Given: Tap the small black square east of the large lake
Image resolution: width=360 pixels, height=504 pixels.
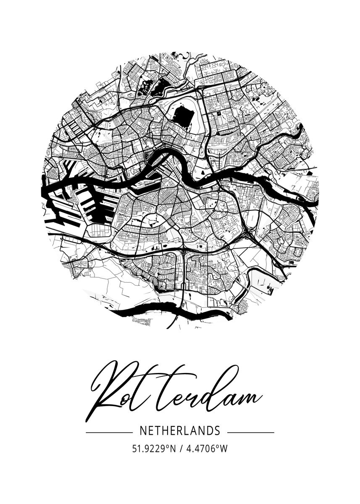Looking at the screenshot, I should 218,113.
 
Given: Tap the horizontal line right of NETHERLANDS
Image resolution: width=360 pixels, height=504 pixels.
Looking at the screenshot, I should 250,432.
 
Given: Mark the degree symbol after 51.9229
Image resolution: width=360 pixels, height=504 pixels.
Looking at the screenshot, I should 166,446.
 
